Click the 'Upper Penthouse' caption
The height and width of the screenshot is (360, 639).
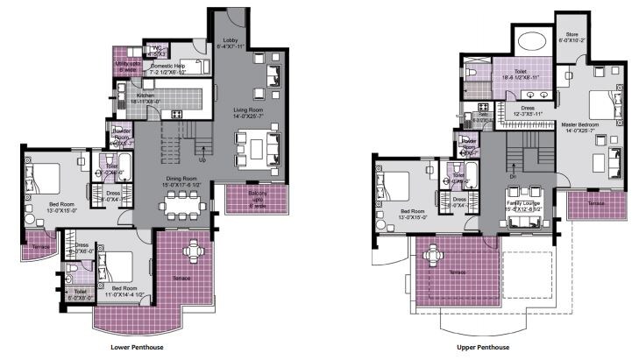[x=479, y=347]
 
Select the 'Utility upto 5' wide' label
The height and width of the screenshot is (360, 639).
[x=129, y=66]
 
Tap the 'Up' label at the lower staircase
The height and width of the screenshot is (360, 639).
[x=203, y=160]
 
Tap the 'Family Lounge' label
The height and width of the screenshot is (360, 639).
[x=525, y=204]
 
